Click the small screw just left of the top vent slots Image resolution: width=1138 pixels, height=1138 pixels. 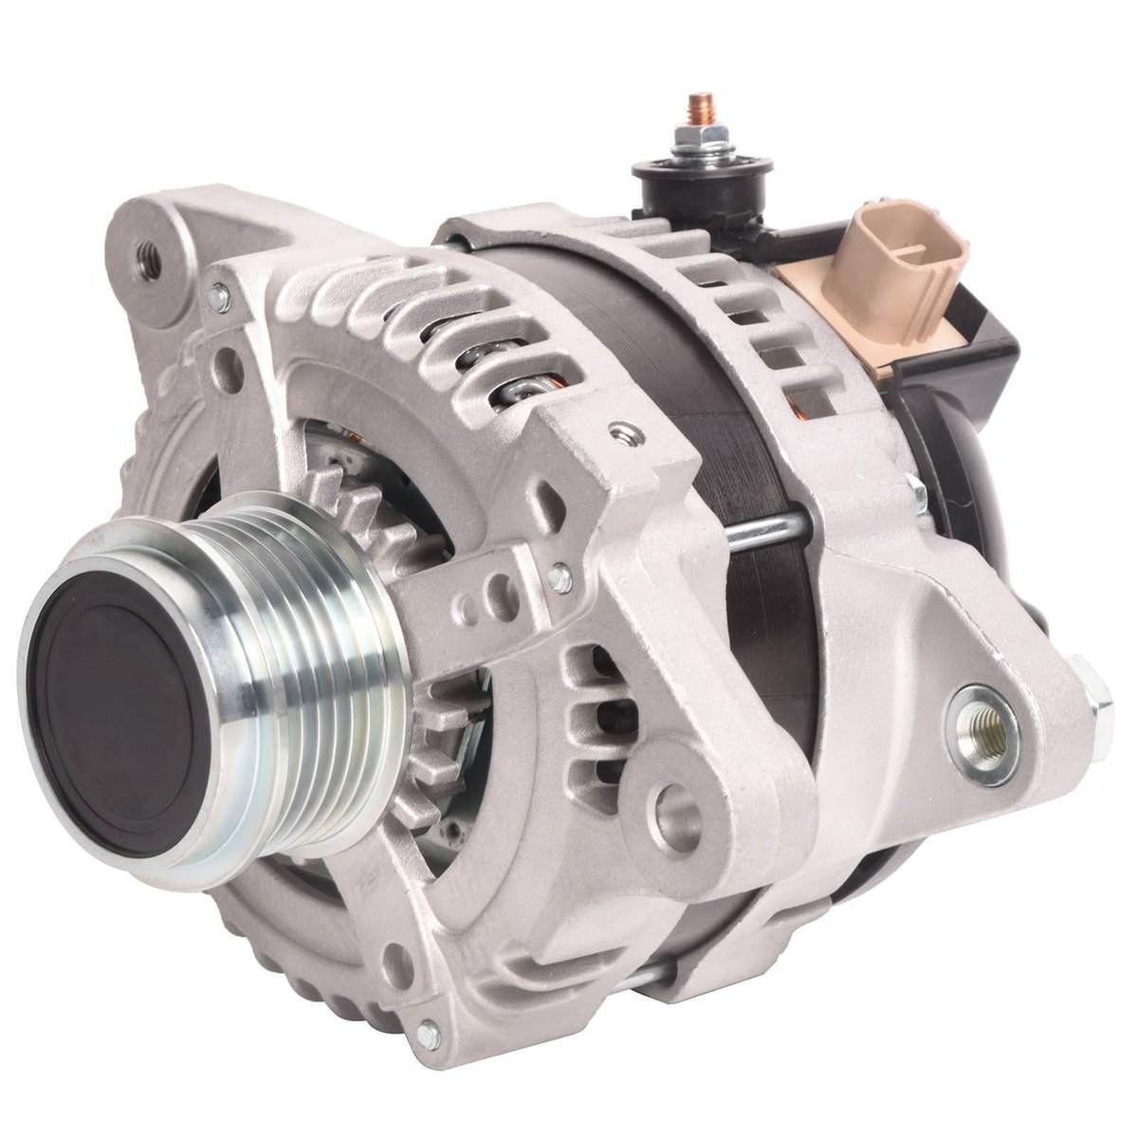[x=220, y=298]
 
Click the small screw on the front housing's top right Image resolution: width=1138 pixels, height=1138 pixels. [x=623, y=434]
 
